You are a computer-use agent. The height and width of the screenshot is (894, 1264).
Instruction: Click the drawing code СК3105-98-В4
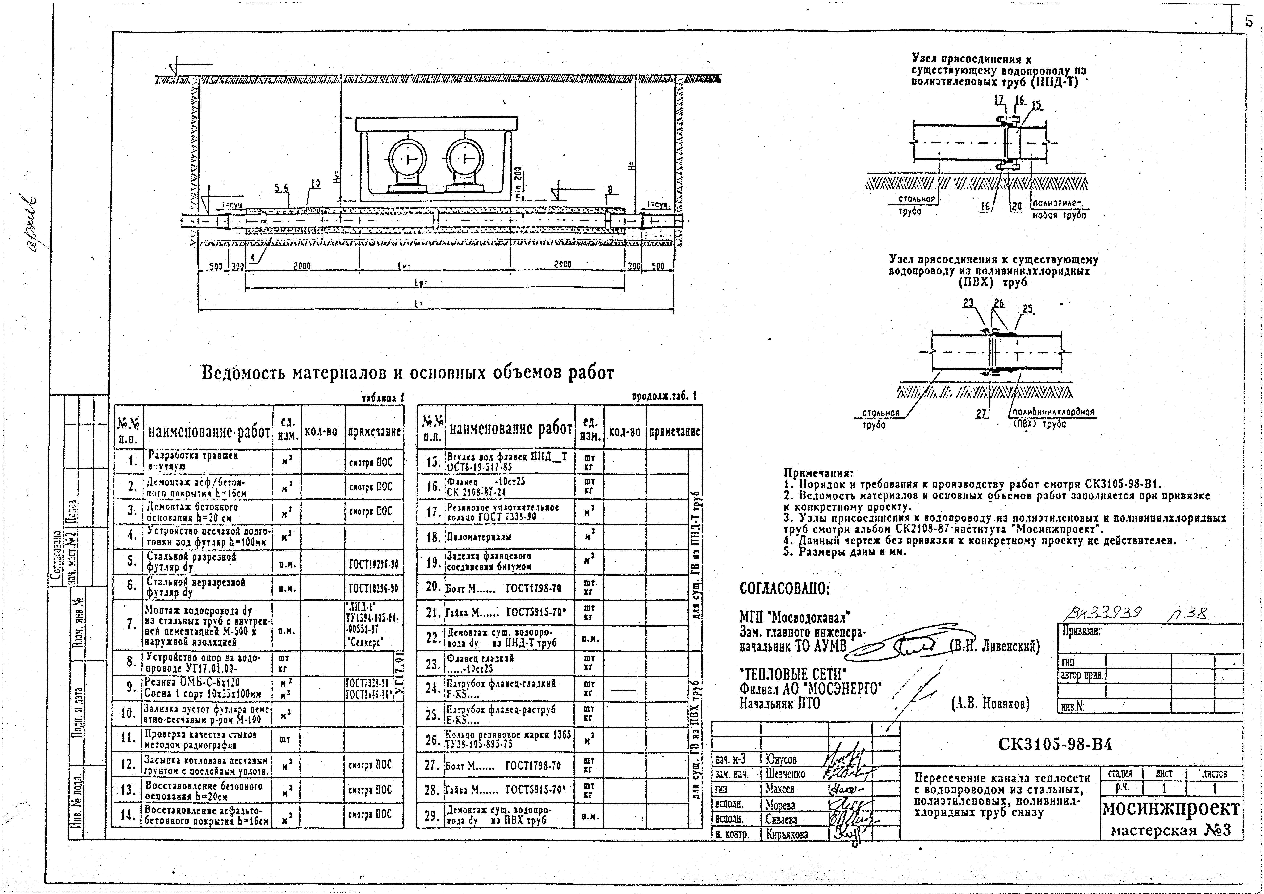1054,745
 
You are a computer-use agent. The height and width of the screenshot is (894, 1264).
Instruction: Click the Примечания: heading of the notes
818,473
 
